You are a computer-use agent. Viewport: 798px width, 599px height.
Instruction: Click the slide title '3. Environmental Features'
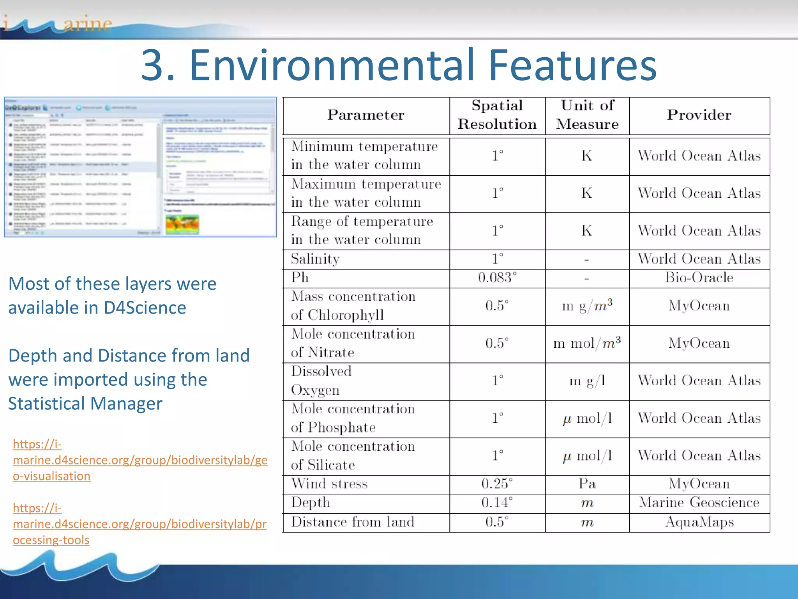pos(399,64)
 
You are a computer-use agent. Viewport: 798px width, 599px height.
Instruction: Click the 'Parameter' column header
pos(365,115)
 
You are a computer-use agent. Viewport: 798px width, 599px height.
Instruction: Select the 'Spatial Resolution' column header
pos(497,115)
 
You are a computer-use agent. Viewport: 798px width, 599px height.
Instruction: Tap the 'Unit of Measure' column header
pos(587,115)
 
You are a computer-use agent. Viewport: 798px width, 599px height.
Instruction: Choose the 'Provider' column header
pos(699,115)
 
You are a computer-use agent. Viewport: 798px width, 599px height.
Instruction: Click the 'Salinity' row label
pos(315,259)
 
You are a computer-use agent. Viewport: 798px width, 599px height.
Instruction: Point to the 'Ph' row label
pos(300,278)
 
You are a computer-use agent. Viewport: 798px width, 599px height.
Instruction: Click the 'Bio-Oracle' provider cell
pos(699,278)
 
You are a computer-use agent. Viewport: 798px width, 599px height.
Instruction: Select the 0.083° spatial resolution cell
pos(497,278)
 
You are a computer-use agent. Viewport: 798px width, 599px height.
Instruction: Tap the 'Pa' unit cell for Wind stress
pos(587,484)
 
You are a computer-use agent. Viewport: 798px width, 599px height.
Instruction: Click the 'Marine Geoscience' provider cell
pos(699,503)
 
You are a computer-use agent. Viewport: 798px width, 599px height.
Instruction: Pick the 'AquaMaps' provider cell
pos(699,522)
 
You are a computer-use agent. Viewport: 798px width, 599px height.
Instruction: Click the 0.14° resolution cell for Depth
pos(497,503)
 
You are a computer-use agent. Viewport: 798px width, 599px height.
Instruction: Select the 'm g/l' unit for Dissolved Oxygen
pos(587,381)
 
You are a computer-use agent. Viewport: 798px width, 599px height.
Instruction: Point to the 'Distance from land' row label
pos(353,522)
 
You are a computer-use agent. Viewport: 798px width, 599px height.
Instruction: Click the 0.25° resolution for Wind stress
pos(497,484)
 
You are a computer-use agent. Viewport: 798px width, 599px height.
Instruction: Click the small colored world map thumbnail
pos(182,225)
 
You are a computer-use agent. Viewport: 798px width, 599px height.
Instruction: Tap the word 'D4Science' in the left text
pos(145,308)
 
